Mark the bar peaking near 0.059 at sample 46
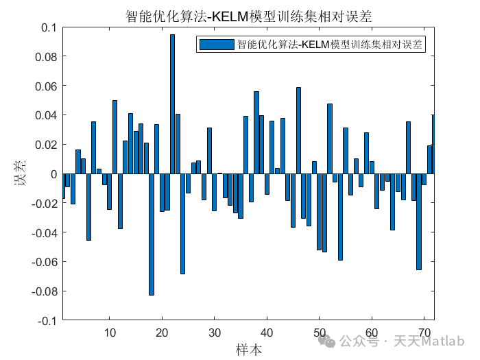pyautogui.click(x=298, y=130)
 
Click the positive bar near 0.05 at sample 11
pyautogui.click(x=115, y=137)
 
